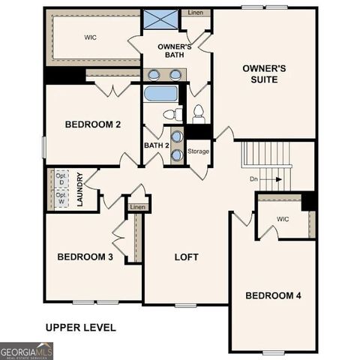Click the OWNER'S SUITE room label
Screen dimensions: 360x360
pyautogui.click(x=265, y=73)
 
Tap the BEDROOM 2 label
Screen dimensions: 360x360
pyautogui.click(x=93, y=124)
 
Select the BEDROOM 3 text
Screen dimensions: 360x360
pyautogui.click(x=85, y=257)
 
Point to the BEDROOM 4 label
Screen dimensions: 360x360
pyautogui.click(x=273, y=295)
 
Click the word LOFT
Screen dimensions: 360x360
pyautogui.click(x=186, y=257)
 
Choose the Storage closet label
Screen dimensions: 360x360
pyautogui.click(x=198, y=151)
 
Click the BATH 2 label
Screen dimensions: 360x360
pyautogui.click(x=156, y=145)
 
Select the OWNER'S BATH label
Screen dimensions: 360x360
pyautogui.click(x=174, y=51)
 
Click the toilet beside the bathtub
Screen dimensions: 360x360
pyautogui.click(x=172, y=114)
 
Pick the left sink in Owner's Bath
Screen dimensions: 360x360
pyautogui.click(x=154, y=74)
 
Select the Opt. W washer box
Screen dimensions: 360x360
pyautogui.click(x=61, y=199)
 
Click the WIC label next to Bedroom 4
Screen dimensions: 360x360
pyautogui.click(x=282, y=219)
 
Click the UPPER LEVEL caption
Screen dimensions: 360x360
pyautogui.click(x=80, y=327)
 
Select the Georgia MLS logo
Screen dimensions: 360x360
pyautogui.click(x=27, y=350)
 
